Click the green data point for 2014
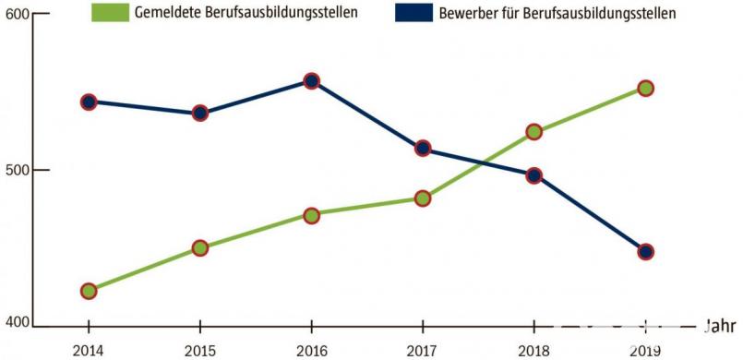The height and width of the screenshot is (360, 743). click(x=89, y=291)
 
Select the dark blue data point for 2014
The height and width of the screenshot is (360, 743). click(x=89, y=102)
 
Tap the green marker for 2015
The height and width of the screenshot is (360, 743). click(x=200, y=247)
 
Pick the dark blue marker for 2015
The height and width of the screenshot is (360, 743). click(x=200, y=114)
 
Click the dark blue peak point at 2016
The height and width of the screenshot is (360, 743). click(x=311, y=81)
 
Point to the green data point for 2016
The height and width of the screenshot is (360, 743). click(x=311, y=215)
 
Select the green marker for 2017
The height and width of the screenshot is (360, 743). click(x=423, y=198)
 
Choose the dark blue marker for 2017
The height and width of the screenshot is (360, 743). click(x=423, y=148)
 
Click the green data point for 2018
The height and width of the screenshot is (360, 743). click(x=533, y=132)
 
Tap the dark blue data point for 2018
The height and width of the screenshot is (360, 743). click(x=533, y=175)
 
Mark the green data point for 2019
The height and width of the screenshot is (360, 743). click(x=645, y=89)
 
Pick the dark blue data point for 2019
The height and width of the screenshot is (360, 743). click(x=645, y=251)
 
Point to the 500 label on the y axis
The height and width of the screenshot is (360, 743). click(x=16, y=171)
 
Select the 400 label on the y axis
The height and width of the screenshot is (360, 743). click(x=16, y=321)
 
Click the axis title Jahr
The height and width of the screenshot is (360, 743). click(x=720, y=326)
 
